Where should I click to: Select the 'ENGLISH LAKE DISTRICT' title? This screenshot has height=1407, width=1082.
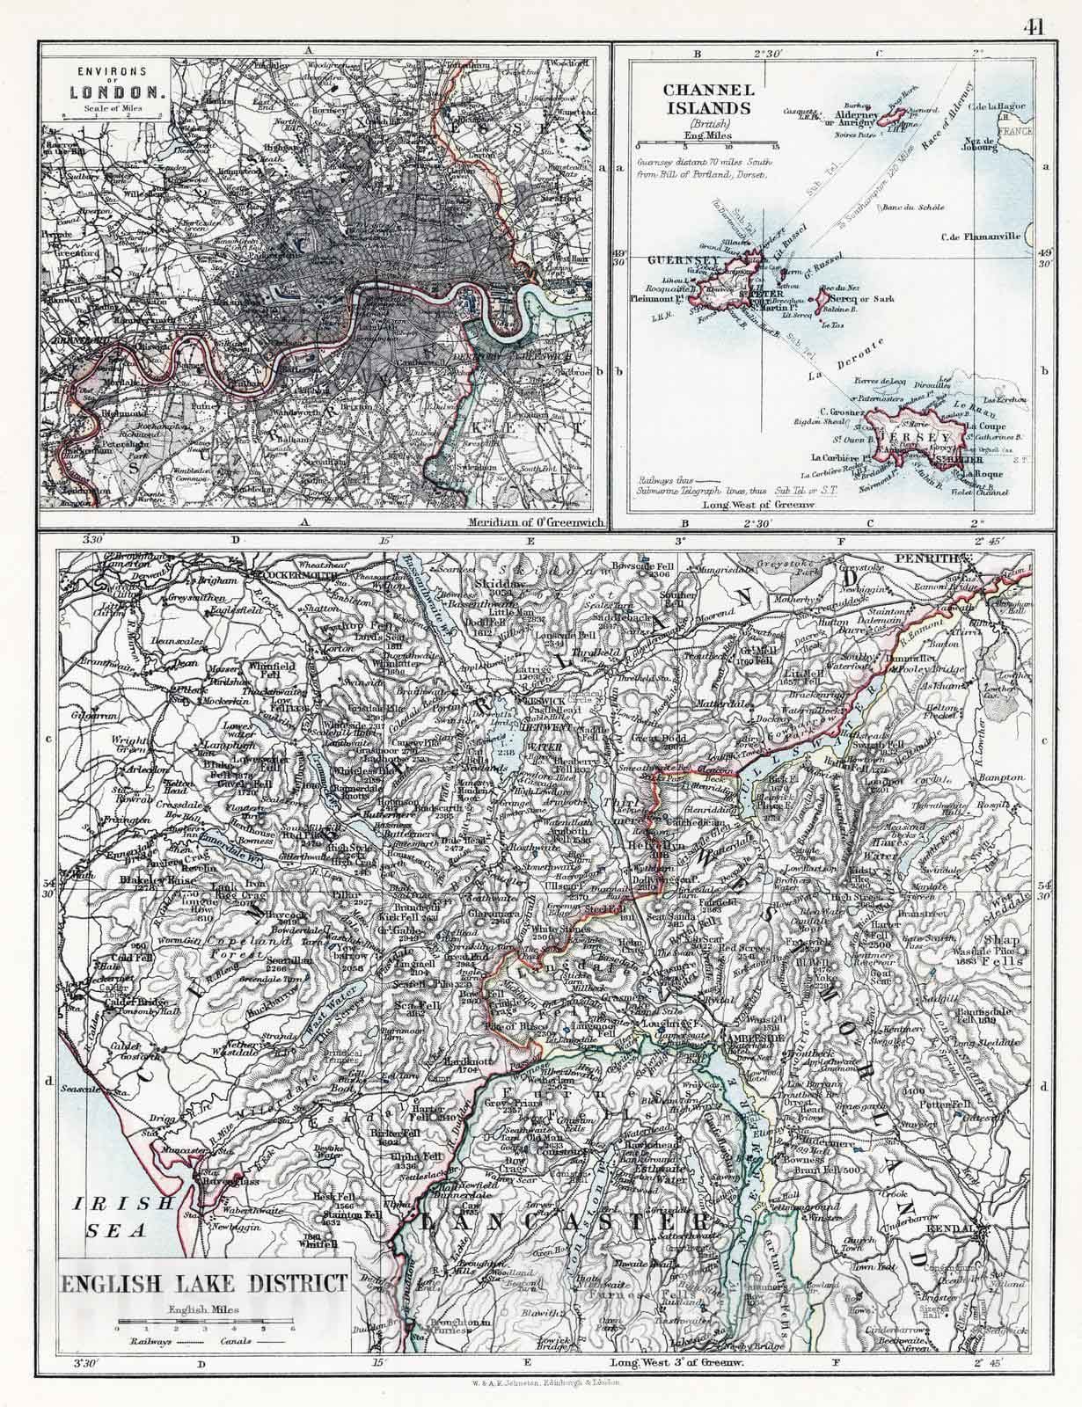point(203,1282)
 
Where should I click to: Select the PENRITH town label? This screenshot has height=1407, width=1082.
point(920,558)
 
